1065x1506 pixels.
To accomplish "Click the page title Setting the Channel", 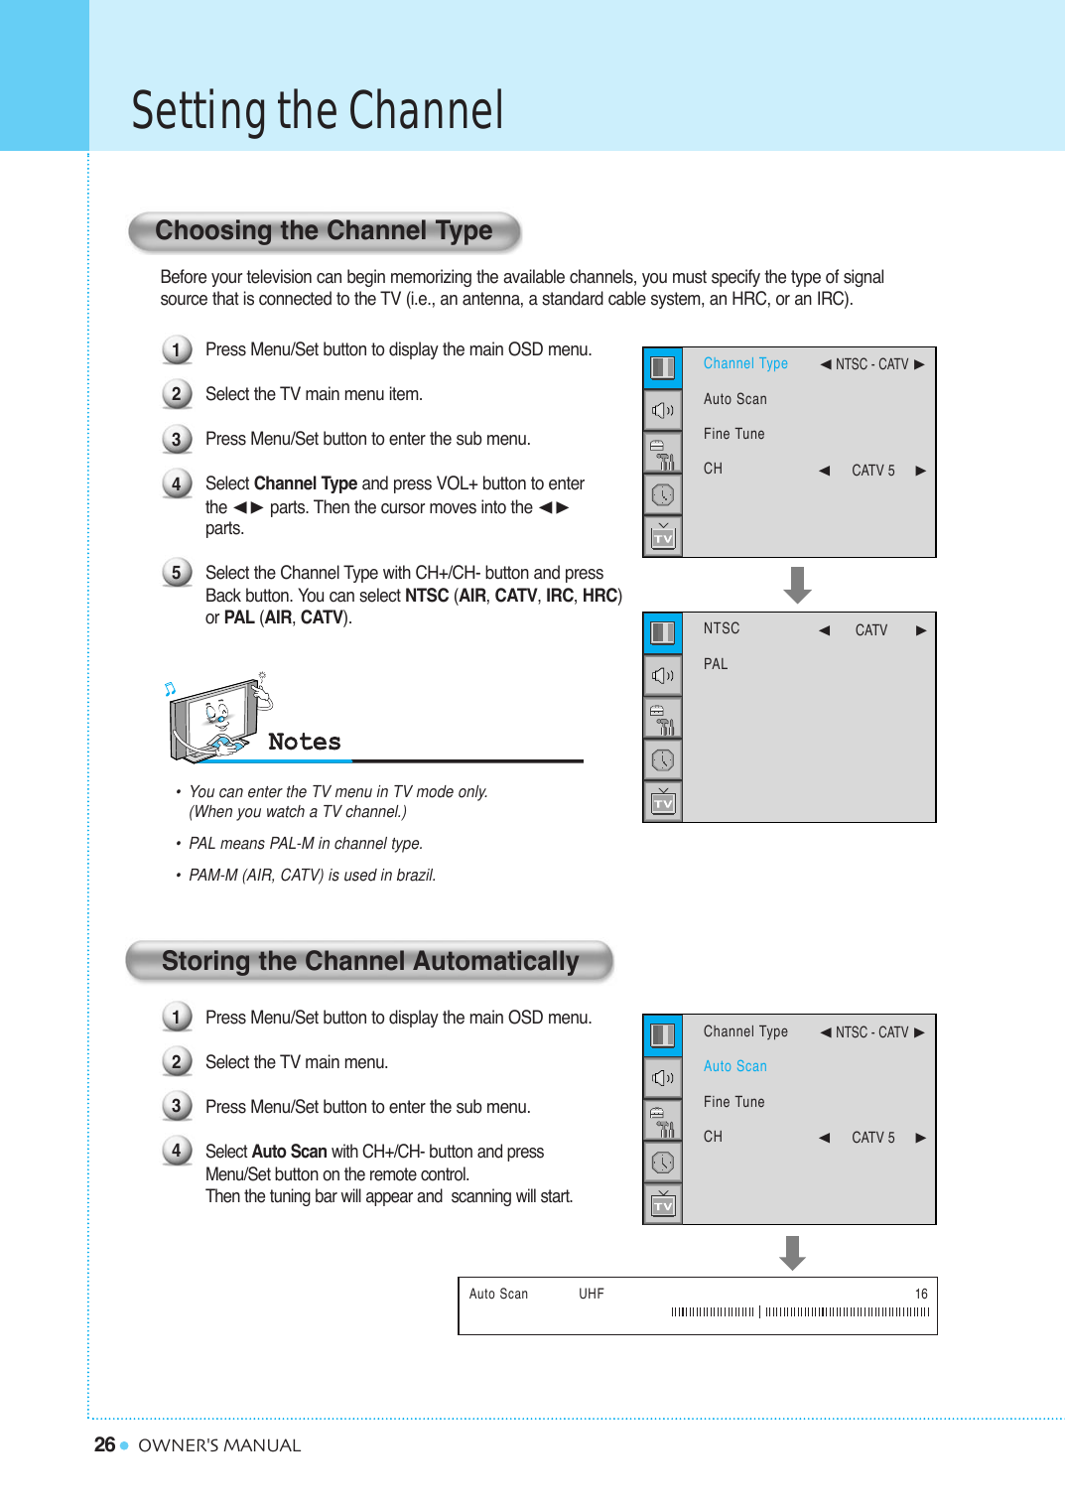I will tap(318, 110).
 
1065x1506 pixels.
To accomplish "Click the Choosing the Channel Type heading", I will tap(324, 231).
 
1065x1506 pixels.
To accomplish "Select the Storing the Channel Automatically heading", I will tap(369, 961).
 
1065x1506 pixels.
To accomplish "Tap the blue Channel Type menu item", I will tap(745, 363).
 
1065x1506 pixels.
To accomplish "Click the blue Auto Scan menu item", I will tap(734, 1066).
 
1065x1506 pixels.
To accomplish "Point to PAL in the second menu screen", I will tap(716, 664).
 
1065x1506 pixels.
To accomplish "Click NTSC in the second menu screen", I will tap(722, 628).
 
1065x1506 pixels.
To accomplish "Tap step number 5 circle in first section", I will tap(177, 573).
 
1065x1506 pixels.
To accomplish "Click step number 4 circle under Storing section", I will tap(177, 1151).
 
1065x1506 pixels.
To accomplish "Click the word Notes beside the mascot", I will tap(305, 742).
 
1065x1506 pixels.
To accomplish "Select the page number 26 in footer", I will tap(104, 1444).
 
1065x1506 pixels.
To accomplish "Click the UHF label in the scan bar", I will tap(592, 1294).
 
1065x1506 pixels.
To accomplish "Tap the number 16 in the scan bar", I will tap(921, 1294).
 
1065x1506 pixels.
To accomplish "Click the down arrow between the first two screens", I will tap(797, 585).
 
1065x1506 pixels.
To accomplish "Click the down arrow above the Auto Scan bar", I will tap(792, 1253).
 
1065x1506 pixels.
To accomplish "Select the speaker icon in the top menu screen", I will tap(662, 410).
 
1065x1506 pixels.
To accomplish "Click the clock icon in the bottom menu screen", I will tap(662, 1163).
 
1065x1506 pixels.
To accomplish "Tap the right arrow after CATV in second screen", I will tap(921, 630).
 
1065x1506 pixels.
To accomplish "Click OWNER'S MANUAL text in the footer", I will tap(219, 1445).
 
